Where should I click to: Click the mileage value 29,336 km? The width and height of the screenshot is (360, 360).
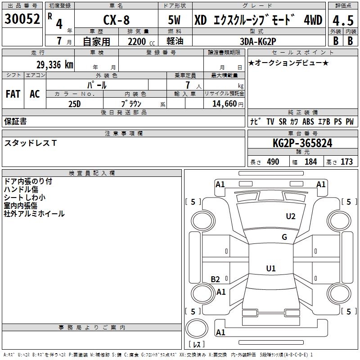point(54,64)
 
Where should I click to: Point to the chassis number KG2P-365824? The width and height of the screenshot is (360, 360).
point(302,143)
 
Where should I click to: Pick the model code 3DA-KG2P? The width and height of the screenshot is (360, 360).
point(258,40)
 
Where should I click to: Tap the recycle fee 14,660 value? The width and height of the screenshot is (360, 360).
point(224,103)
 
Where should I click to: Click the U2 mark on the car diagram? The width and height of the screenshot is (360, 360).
point(291,216)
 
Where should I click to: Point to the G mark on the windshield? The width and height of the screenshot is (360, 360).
point(284,237)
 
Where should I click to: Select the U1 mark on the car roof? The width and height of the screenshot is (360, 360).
point(270,269)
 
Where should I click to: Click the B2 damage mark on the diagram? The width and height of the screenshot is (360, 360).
point(216,279)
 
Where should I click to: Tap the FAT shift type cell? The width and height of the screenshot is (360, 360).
point(13,94)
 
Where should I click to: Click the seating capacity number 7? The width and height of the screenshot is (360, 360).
point(187,85)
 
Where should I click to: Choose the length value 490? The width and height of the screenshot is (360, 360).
point(273,162)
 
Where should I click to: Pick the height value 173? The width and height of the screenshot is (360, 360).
point(346,162)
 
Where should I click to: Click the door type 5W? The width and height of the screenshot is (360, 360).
point(175,20)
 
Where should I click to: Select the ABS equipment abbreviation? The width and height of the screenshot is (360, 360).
point(308,121)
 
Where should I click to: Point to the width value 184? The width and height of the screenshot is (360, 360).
point(311,162)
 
